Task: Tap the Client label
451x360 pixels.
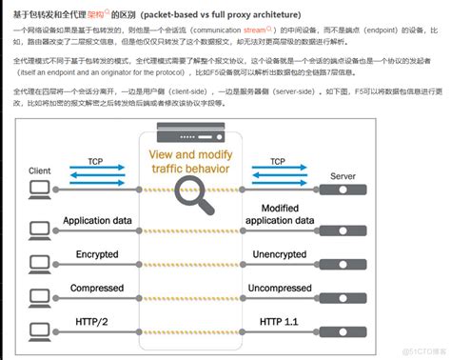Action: tap(40, 170)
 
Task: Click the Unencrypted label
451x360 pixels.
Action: tap(280, 254)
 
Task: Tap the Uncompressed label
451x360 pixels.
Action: tap(280, 289)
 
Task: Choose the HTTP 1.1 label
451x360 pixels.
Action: tap(280, 322)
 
